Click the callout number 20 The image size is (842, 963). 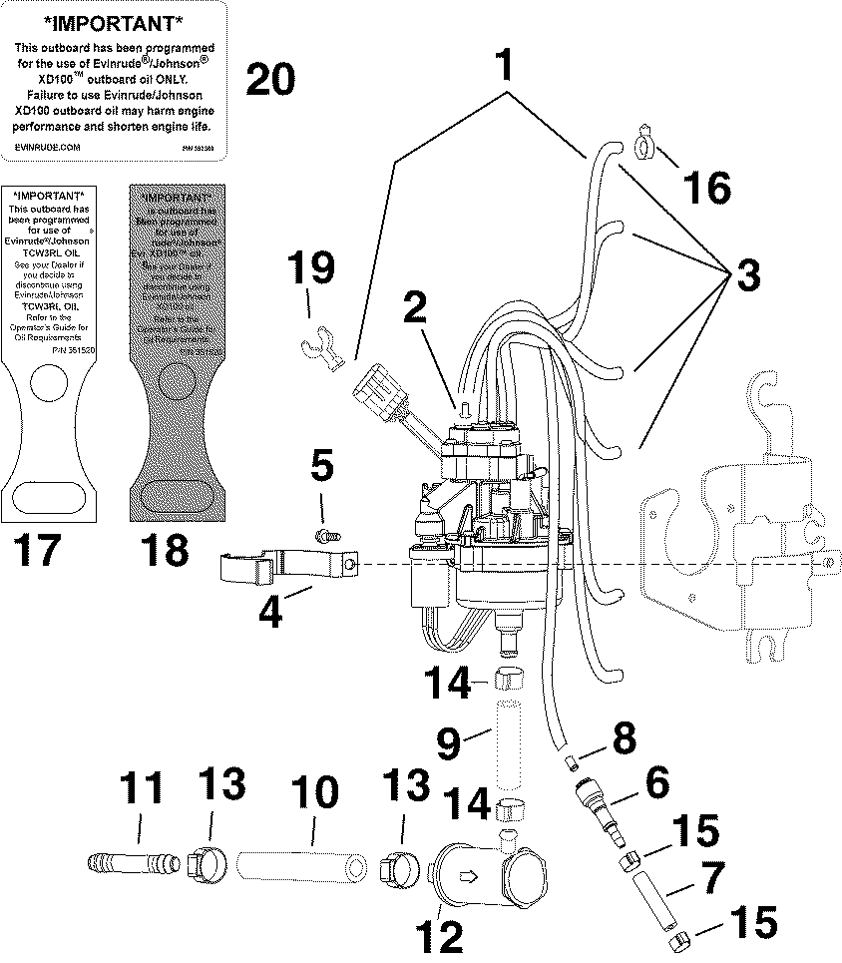point(270,79)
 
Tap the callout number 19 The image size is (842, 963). point(311,269)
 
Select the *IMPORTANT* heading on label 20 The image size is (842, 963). point(115,22)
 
